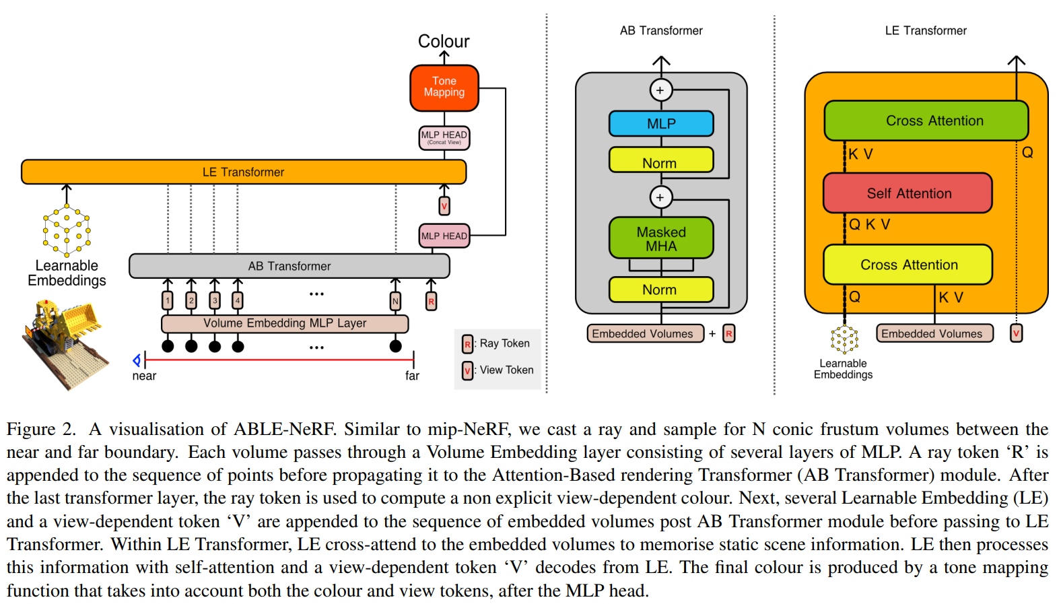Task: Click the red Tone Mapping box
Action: (444, 88)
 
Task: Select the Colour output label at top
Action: (444, 41)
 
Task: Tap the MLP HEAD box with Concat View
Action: (444, 137)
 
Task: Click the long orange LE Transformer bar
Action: (243, 172)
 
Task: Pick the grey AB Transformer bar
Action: (289, 266)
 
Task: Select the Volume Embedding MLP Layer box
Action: (285, 323)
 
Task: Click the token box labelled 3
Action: (215, 300)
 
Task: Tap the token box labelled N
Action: (395, 301)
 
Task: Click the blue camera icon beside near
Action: (137, 360)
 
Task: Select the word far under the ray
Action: (412, 376)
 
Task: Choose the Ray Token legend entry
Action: (498, 343)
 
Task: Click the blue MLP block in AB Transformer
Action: (660, 124)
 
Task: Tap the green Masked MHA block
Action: (660, 238)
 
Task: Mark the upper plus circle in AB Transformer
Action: (660, 90)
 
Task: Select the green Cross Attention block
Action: (926, 121)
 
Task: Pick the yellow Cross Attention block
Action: (908, 265)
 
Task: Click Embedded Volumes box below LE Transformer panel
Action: (934, 333)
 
